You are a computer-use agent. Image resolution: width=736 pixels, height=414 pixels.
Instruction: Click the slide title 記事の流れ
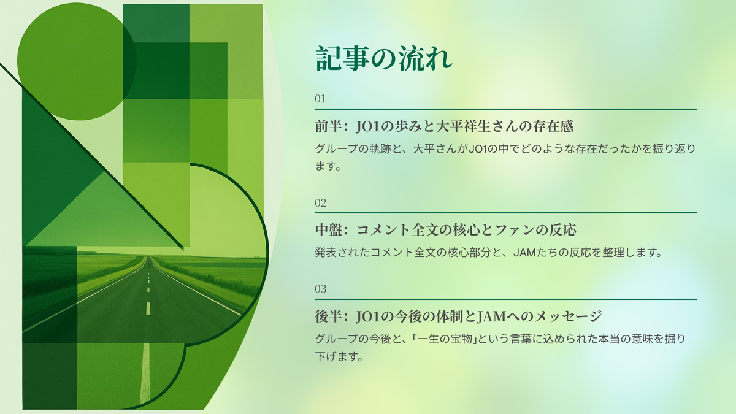384,59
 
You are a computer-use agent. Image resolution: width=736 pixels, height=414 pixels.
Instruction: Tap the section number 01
320,99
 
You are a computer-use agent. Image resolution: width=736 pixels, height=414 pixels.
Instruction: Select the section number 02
321,203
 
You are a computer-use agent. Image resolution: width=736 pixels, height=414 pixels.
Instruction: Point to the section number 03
321,289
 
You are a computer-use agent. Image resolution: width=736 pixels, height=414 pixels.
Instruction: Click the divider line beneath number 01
506,109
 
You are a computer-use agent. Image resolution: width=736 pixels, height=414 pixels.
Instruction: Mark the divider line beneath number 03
506,299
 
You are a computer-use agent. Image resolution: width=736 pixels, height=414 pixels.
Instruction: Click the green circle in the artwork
76,61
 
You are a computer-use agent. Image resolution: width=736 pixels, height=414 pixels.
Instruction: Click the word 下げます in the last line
339,356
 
